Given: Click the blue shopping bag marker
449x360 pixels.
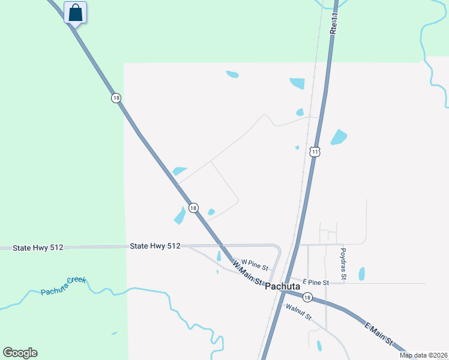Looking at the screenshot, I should coord(75,13).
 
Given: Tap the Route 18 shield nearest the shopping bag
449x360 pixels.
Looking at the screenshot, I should coord(116,98).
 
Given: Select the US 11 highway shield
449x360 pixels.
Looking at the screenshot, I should coord(315,152).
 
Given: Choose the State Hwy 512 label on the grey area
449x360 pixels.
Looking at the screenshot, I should coord(155,246).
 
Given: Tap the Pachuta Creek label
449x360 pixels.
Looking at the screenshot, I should coord(64,286).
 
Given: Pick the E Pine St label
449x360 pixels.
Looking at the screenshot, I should coord(316,282).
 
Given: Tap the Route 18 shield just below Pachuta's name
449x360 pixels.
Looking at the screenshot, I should coord(307,297).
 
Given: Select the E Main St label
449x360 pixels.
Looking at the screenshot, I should coord(379,334).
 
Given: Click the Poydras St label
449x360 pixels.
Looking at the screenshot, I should coord(343,265).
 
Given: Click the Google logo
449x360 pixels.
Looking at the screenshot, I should coord(20,353).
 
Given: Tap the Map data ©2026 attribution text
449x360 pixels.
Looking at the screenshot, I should coord(423,355).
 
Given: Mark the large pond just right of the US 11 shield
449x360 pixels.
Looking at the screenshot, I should coord(339,137).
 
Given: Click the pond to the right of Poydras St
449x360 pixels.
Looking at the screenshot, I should coord(361,274).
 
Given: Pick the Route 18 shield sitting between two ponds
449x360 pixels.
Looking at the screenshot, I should coord(193,208).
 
